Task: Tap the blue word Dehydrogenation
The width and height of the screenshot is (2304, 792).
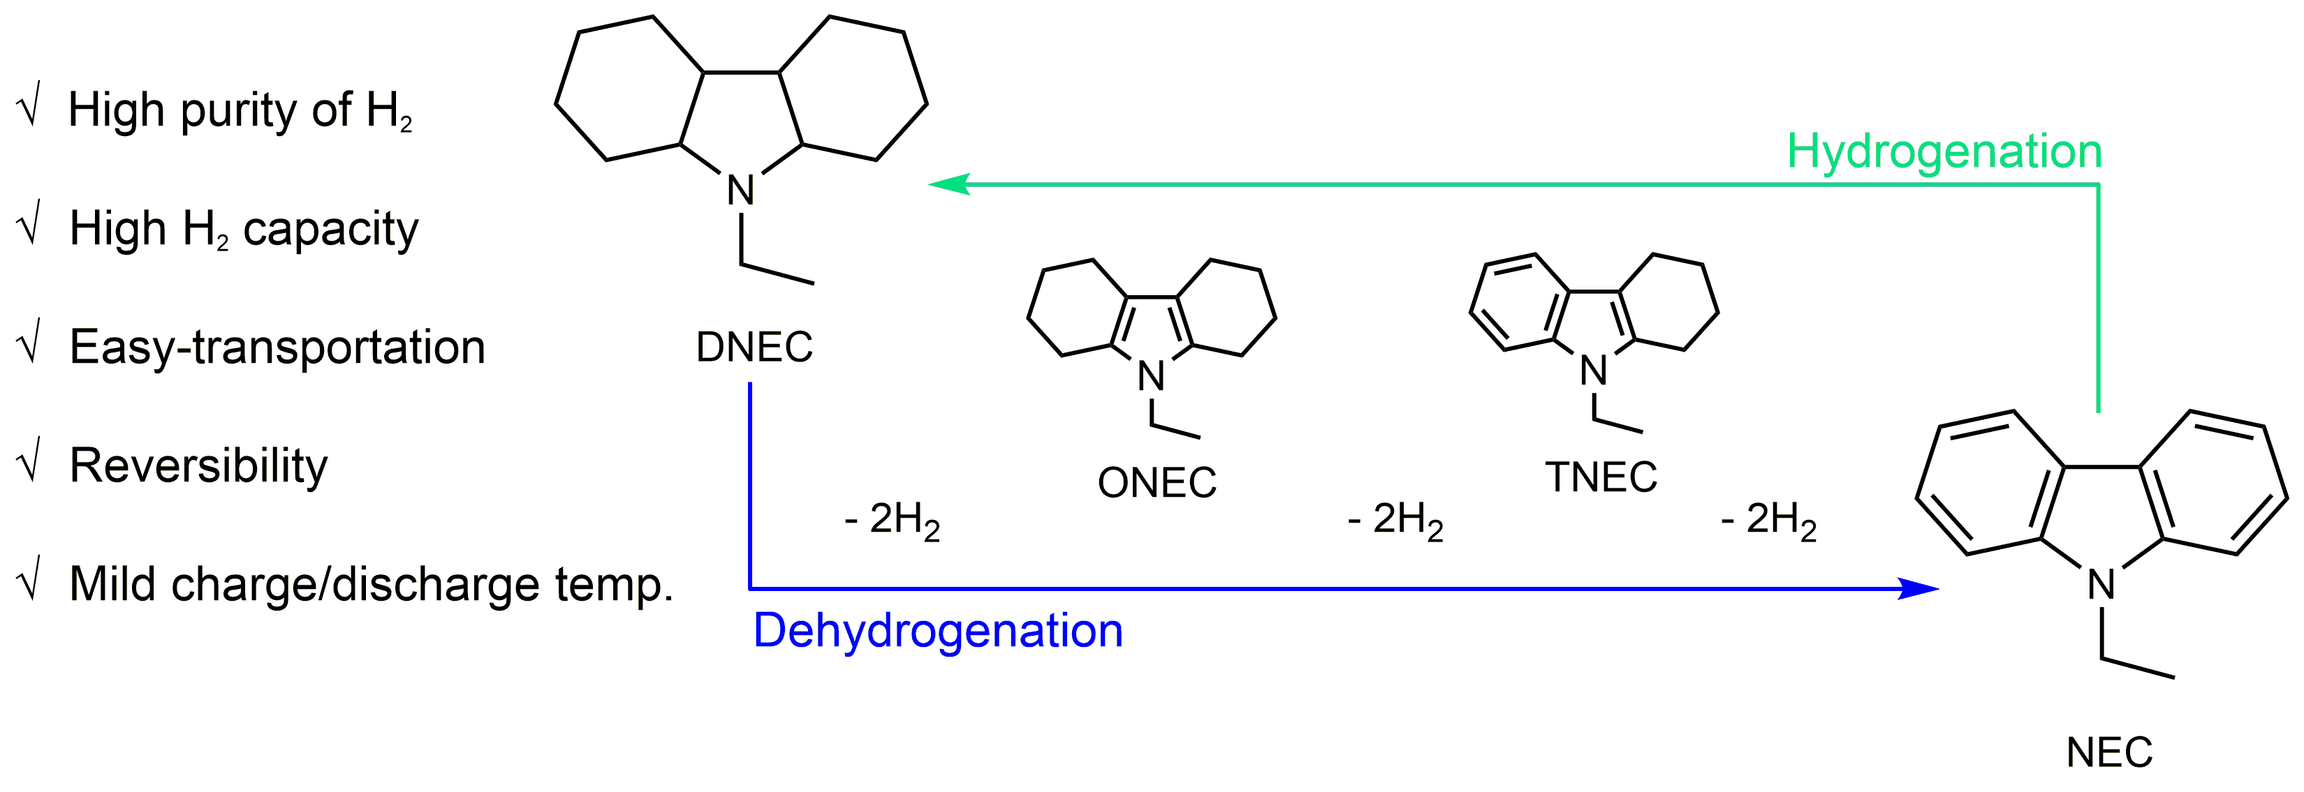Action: tap(937, 631)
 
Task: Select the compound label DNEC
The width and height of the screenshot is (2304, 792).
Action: tap(754, 347)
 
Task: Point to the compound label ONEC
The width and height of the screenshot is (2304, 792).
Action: tap(1157, 483)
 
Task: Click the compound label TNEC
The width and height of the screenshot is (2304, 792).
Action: tap(1601, 477)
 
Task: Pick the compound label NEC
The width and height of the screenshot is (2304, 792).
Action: tap(2109, 753)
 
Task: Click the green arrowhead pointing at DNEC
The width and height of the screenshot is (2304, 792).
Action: tap(950, 184)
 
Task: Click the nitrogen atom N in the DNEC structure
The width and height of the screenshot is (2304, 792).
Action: tap(740, 190)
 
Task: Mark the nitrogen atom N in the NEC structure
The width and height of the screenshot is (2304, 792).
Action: tap(2101, 585)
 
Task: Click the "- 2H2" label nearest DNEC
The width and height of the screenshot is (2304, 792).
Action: tap(892, 521)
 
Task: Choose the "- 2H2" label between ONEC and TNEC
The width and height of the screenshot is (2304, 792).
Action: tap(1395, 521)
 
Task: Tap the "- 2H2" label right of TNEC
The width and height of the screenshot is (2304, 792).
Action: tap(1768, 521)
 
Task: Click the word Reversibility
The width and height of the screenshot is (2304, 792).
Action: tap(198, 465)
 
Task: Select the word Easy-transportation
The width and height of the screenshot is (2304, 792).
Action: tap(277, 347)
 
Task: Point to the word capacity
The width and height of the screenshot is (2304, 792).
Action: tap(330, 230)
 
